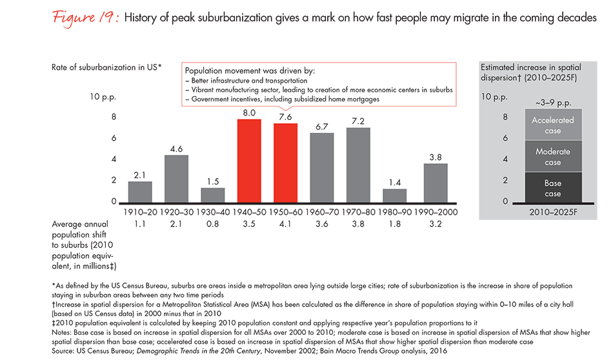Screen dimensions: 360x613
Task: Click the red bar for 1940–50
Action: pyautogui.click(x=248, y=161)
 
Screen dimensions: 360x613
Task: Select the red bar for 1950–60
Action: pyautogui.click(x=285, y=163)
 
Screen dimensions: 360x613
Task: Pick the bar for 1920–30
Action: pyautogui.click(x=176, y=179)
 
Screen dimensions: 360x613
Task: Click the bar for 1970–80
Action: pyautogui.click(x=358, y=165)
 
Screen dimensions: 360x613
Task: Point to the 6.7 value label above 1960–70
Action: pyautogui.click(x=322, y=126)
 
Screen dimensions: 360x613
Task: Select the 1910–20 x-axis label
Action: pyautogui.click(x=139, y=211)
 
